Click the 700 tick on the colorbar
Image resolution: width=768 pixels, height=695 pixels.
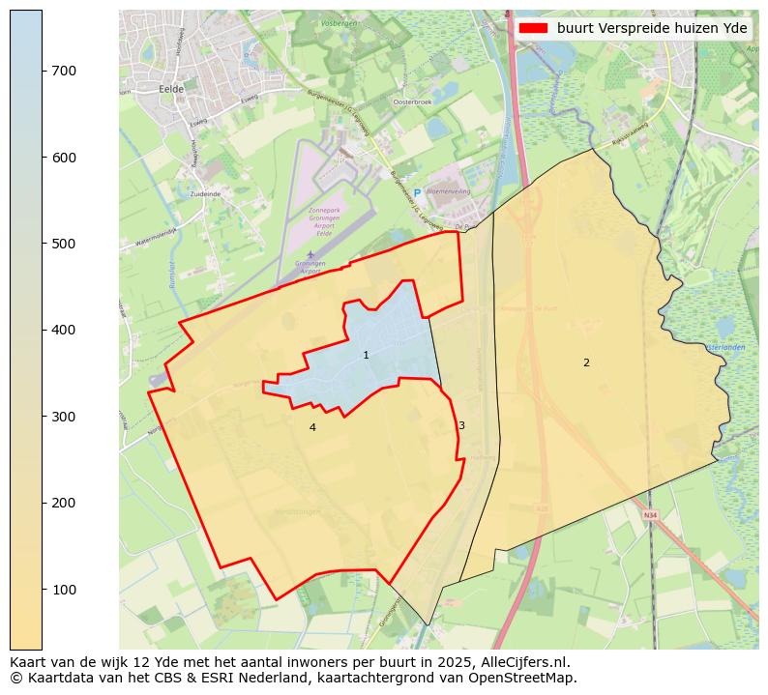[x=43, y=71]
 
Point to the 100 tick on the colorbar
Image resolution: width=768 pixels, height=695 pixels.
[x=43, y=590]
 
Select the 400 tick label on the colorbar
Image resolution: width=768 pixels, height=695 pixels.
[x=64, y=331]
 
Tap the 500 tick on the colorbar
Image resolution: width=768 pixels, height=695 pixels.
[x=43, y=244]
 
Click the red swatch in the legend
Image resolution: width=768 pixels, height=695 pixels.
[x=533, y=28]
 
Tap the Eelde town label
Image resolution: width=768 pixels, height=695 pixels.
[x=170, y=88]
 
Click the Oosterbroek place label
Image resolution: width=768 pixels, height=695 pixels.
[x=411, y=101]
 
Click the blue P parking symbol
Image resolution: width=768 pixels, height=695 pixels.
[x=417, y=193]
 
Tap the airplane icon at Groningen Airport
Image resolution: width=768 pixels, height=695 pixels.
[x=310, y=254]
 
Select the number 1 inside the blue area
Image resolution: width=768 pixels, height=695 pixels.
[x=366, y=356]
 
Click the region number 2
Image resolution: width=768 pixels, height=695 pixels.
[x=586, y=362]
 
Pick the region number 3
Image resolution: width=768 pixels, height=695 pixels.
[x=461, y=425]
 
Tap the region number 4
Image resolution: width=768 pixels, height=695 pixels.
[x=312, y=427]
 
